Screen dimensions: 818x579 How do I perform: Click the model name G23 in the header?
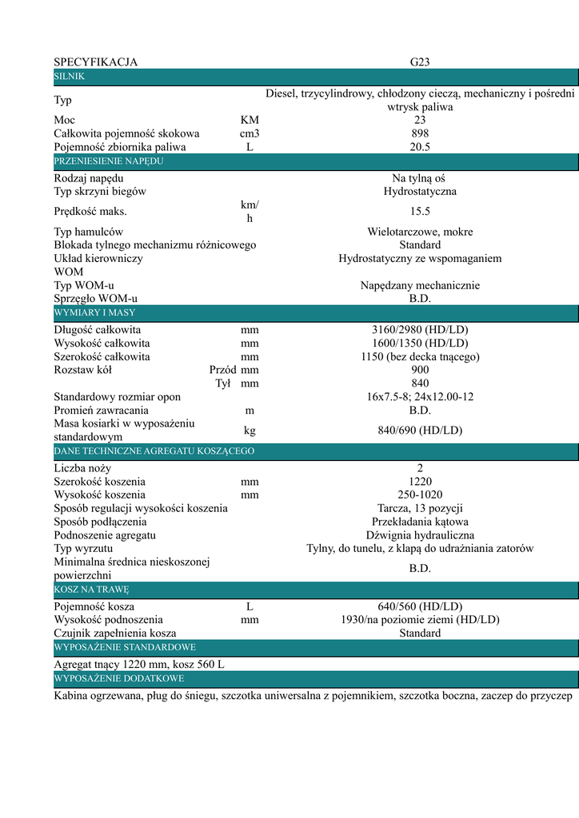tap(420, 62)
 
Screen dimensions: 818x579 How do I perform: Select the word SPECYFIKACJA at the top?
tap(95, 62)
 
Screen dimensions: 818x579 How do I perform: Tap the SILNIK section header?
tap(69, 76)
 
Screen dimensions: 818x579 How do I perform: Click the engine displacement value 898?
tap(420, 133)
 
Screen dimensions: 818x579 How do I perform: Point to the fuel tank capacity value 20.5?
tap(420, 147)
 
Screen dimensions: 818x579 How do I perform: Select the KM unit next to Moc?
tap(250, 120)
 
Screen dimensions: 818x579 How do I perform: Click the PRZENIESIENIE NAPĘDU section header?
tap(108, 161)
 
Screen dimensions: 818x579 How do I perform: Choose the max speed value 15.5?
tap(420, 212)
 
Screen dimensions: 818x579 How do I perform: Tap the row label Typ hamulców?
tap(88, 232)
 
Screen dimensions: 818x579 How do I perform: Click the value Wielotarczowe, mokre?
tap(420, 232)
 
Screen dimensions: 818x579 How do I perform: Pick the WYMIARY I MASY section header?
tap(94, 312)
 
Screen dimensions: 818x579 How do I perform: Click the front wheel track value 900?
tap(420, 370)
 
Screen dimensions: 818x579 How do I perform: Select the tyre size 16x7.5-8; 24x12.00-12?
tap(420, 396)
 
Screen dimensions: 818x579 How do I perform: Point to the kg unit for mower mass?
tap(250, 430)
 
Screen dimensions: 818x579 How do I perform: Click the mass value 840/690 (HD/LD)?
tap(420, 430)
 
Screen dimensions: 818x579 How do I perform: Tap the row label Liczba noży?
tap(82, 468)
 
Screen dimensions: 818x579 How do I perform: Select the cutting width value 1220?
tap(420, 482)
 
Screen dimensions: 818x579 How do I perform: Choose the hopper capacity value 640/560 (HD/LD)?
tap(420, 606)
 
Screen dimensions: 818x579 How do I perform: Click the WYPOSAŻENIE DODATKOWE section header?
tap(118, 679)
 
